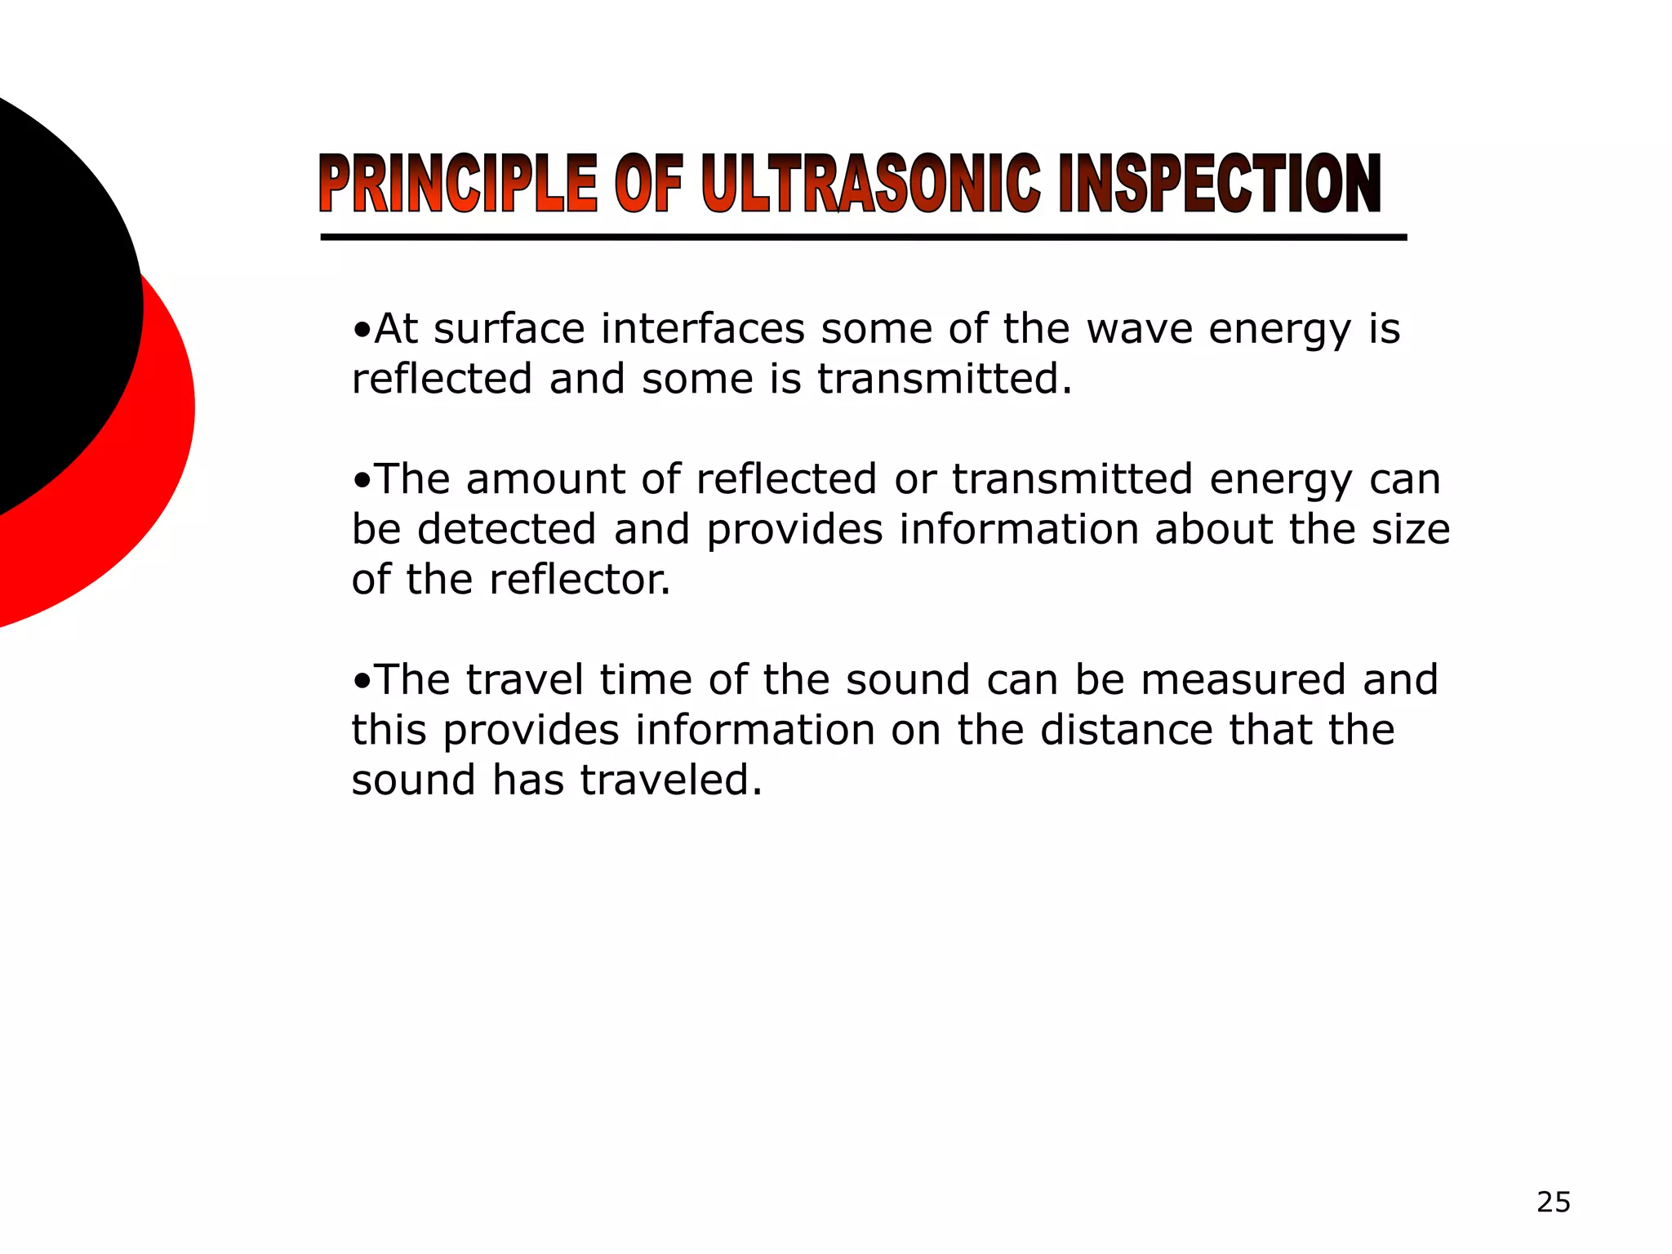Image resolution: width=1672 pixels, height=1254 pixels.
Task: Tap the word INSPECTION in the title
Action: [x=1219, y=184]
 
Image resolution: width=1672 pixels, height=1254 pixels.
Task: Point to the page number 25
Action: [x=1553, y=1203]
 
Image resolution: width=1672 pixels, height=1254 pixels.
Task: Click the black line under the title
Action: [x=863, y=238]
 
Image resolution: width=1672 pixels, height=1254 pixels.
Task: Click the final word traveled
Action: [x=671, y=780]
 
